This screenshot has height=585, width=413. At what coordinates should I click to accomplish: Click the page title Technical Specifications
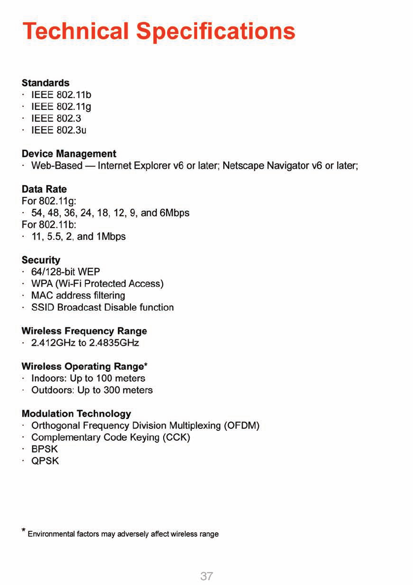159,31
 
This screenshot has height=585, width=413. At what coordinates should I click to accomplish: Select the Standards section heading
45,83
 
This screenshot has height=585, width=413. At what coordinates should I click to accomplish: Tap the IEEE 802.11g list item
62,106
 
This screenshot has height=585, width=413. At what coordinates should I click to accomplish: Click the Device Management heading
69,154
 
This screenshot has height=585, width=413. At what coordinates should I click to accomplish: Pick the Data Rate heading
44,189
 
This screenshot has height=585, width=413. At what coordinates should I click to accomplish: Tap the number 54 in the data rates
37,213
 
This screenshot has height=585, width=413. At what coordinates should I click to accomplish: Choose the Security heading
41,260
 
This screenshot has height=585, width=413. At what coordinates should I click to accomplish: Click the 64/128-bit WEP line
66,272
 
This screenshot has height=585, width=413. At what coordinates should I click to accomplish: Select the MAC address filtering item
78,295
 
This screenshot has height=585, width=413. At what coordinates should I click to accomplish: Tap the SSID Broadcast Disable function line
102,307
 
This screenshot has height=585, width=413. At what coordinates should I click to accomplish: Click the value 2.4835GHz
114,343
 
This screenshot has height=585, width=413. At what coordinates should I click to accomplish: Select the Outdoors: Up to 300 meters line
92,390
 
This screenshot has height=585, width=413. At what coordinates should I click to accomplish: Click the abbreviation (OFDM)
241,425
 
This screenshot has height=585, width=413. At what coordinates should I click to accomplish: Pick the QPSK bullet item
45,461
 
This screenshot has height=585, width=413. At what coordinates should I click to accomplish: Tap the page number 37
206,576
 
